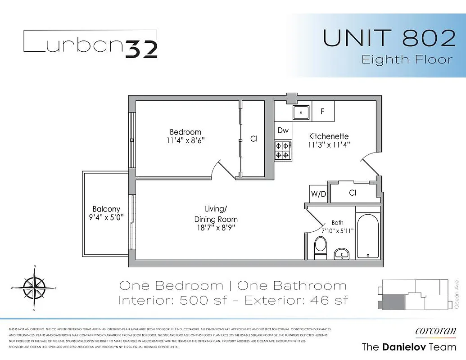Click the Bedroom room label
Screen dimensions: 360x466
[185, 132]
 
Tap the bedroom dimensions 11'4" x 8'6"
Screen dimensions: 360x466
[185, 140]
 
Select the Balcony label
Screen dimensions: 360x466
[106, 209]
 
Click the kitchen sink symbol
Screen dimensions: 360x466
[300, 112]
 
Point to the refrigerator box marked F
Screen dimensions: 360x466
[322, 111]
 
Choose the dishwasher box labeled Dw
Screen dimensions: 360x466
[283, 130]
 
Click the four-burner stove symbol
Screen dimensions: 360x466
[283, 150]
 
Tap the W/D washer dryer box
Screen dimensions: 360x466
[318, 194]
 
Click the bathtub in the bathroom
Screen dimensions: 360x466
[368, 236]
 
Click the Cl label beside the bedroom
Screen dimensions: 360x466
[254, 139]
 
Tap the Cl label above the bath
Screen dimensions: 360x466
[353, 193]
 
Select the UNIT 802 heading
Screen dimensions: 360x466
[389, 39]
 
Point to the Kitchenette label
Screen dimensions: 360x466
[328, 136]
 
